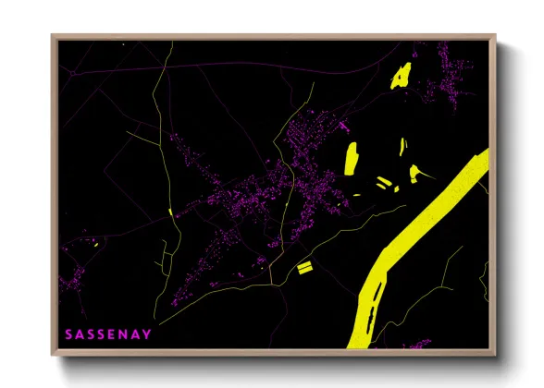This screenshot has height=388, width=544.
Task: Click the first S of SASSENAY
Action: pyautogui.click(x=68, y=333)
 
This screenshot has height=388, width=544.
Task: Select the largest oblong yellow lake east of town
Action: pyautogui.click(x=352, y=158)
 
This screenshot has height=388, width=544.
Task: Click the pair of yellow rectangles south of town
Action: pyautogui.click(x=303, y=267)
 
